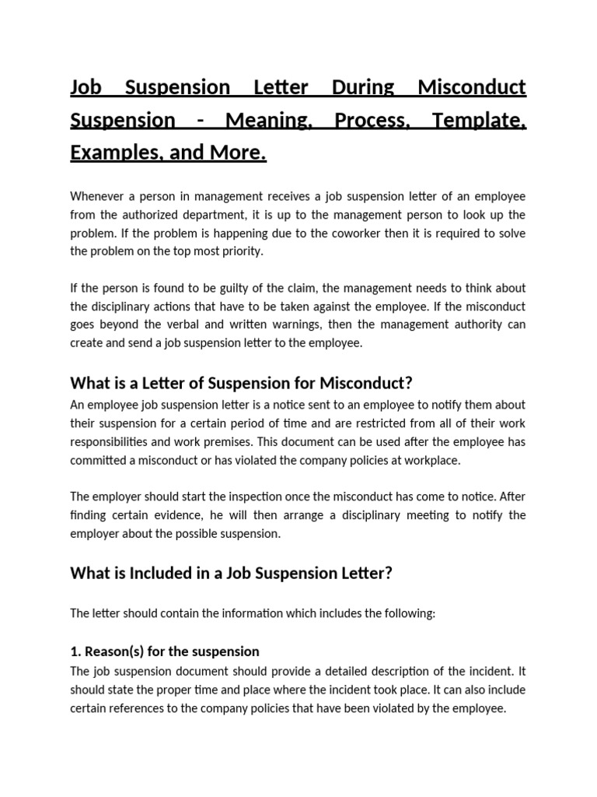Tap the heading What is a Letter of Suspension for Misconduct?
(x=240, y=383)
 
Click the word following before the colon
(x=407, y=613)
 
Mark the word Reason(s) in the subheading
(x=114, y=651)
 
